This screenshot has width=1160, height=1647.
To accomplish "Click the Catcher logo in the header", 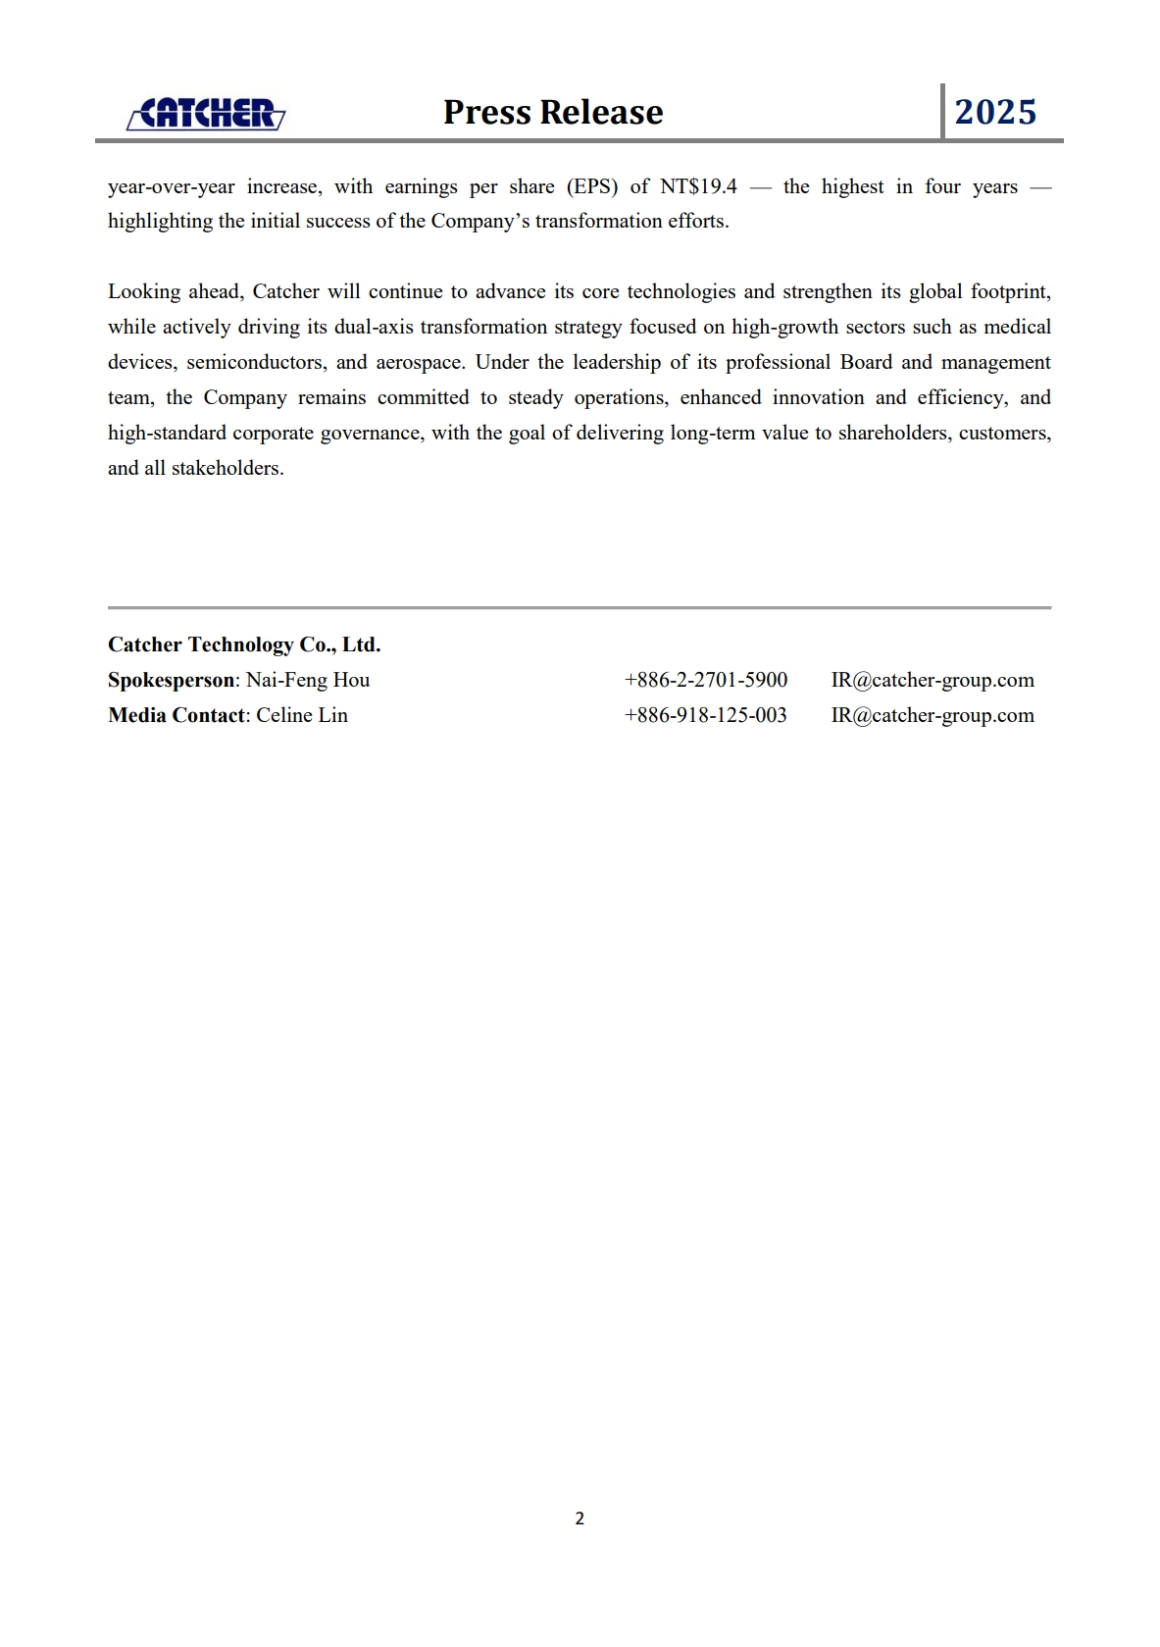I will pos(206,114).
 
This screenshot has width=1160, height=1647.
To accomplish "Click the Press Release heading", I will pos(553,112).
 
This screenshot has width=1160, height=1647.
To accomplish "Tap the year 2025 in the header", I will pos(995,112).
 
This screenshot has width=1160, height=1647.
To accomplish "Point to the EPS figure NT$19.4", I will pos(698,186).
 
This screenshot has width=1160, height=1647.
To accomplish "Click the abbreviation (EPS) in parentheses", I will pos(592,186).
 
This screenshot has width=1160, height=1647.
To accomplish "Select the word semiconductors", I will pos(256,362).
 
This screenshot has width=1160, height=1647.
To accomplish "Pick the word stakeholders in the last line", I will pos(227,468).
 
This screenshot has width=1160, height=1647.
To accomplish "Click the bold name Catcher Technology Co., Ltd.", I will pos(244,644).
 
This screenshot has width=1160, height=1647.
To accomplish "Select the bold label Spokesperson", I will pos(172,680).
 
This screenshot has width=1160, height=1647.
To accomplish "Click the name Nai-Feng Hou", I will pos(308,680).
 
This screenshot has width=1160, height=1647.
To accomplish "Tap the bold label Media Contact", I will pos(177,715).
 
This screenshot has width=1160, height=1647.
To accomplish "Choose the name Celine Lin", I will pos(302,715).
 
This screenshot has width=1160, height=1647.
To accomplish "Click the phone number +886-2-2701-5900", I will pos(706,680).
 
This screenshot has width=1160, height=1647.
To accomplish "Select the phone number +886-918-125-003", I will pos(706,715).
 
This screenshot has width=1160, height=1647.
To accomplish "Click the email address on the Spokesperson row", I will pos(933,680).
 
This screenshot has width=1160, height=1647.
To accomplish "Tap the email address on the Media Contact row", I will pos(933,715).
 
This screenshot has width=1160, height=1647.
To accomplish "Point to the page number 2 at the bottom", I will pos(580,1518).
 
